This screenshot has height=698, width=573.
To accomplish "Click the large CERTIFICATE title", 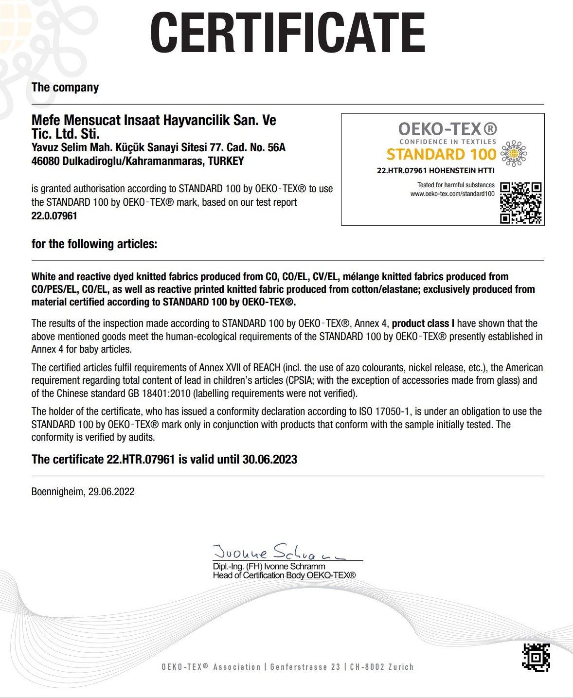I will tap(287, 33).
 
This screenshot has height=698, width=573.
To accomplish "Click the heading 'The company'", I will tap(65, 88).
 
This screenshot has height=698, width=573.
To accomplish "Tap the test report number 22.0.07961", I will tap(54, 216).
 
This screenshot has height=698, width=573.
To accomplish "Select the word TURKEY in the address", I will tap(226, 161).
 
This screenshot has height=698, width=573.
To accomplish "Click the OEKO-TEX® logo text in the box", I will tap(448, 129).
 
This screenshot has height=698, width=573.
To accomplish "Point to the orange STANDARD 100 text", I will tap(441, 154).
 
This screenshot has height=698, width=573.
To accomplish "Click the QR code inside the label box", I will tap(521, 203).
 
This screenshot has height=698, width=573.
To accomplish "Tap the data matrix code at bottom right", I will tap(536, 657).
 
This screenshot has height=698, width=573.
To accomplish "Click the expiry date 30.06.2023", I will tap(269, 460).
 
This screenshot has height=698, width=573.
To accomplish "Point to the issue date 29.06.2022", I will tap(111, 492).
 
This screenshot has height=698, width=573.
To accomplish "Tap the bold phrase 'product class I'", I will tap(423, 323).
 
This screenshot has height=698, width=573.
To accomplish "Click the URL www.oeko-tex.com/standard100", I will tap(452, 194).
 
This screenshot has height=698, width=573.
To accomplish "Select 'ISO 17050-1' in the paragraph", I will tap(385, 412).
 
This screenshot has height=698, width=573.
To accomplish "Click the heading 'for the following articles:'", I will tap(94, 244).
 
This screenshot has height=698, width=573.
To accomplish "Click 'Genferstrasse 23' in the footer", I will tap(305, 667).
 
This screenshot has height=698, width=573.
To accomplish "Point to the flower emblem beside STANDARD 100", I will tap(514, 154).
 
